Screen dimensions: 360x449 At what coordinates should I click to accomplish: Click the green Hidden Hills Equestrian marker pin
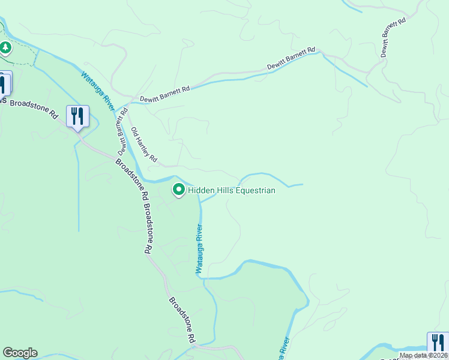point(178,190)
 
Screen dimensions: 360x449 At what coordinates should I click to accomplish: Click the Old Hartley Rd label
point(144,145)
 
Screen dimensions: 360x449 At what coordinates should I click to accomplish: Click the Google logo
point(20,353)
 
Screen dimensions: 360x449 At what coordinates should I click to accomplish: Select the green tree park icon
point(5,47)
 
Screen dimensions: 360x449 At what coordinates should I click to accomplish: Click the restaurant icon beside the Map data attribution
point(438,342)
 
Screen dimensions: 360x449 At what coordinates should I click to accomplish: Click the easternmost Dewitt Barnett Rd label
point(393,37)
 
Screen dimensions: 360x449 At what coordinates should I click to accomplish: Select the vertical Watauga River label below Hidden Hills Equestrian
point(199,249)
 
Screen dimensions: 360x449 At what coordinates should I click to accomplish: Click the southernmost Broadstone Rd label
point(182,320)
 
